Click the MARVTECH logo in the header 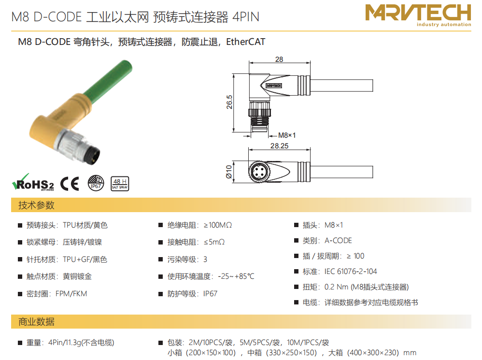coord(418,15)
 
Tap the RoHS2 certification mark coord(33,182)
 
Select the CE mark coord(70,184)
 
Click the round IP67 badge coord(96,183)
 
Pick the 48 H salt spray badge coord(120,184)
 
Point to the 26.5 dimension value coord(229,102)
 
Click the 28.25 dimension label coord(280,146)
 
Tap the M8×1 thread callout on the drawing coord(287,135)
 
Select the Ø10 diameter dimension coord(229,172)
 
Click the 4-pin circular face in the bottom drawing coord(258,172)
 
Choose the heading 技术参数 coord(36,205)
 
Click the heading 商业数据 coord(36,321)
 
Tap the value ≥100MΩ coord(218,225)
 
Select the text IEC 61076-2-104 coord(351,272)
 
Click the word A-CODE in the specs coord(338,241)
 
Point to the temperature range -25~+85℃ coord(236,276)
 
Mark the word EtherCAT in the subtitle coord(246,42)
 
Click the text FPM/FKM coord(71,294)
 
